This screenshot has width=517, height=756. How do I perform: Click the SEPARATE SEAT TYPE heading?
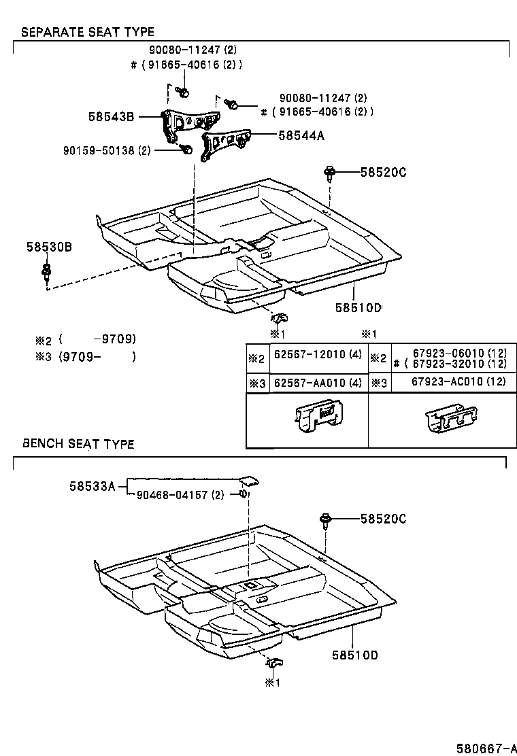[x=88, y=32]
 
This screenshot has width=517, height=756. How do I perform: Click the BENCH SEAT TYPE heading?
[x=78, y=444]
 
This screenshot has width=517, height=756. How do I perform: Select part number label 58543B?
[x=111, y=116]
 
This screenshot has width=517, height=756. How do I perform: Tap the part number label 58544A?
[x=301, y=136]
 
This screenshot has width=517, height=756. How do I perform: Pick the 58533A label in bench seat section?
[x=92, y=486]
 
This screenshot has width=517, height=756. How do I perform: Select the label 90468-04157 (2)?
[x=176, y=495]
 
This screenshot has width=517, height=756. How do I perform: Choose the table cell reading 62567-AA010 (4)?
[x=318, y=383]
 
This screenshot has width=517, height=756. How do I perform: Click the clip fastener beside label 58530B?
[x=46, y=274]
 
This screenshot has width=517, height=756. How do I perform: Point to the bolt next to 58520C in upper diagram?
[x=330, y=175]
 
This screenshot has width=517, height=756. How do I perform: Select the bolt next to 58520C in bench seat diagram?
[x=326, y=522]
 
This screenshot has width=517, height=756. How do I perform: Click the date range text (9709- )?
[x=97, y=356]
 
